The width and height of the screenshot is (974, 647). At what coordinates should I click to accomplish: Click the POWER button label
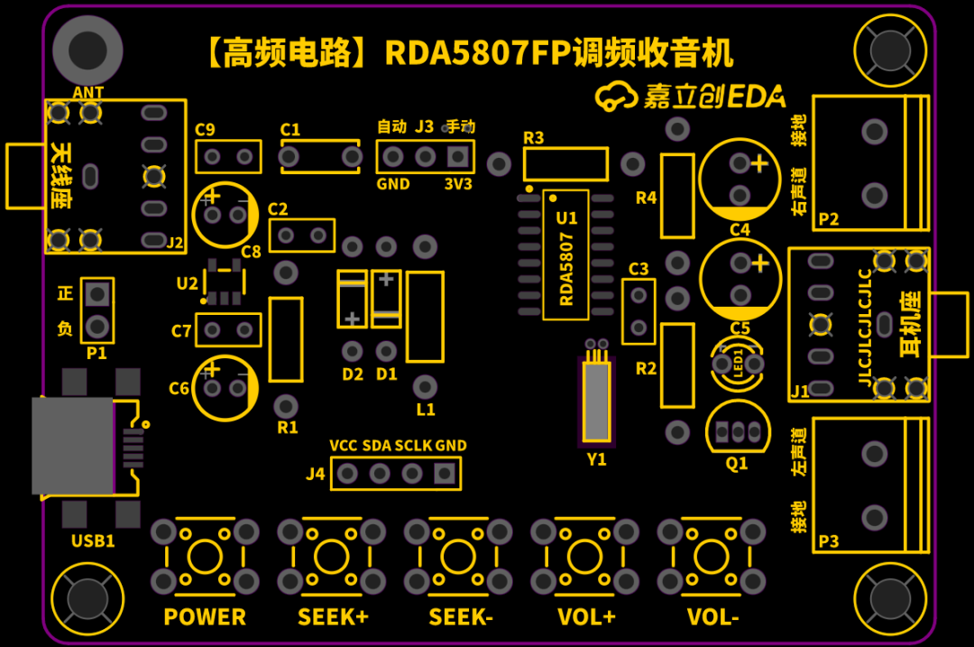(205, 617)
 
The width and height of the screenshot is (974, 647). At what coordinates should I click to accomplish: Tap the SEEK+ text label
(333, 617)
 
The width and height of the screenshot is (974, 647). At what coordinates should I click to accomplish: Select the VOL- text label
(712, 617)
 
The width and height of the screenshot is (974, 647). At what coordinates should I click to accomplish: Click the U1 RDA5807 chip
(565, 254)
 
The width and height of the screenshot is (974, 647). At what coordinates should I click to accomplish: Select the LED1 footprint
(739, 364)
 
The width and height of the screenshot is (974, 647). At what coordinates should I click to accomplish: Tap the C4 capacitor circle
(740, 179)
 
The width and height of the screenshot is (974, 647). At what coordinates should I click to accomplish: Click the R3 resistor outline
(565, 164)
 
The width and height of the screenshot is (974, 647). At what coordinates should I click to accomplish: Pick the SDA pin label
(377, 446)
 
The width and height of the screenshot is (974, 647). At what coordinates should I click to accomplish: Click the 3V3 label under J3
(458, 184)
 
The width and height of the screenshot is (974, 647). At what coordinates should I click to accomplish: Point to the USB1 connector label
(93, 541)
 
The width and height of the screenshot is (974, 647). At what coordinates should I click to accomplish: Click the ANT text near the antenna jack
(88, 93)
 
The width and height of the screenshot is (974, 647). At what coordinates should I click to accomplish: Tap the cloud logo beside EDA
(617, 97)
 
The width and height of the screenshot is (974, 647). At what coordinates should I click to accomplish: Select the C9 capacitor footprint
(228, 157)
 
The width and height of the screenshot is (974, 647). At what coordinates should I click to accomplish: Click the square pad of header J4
(444, 473)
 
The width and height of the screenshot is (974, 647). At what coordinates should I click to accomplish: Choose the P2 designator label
(828, 219)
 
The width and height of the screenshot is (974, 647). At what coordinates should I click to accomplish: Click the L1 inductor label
(426, 410)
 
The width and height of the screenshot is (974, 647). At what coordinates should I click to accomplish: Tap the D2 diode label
(353, 374)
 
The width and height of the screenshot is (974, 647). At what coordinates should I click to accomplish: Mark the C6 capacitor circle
(225, 388)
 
